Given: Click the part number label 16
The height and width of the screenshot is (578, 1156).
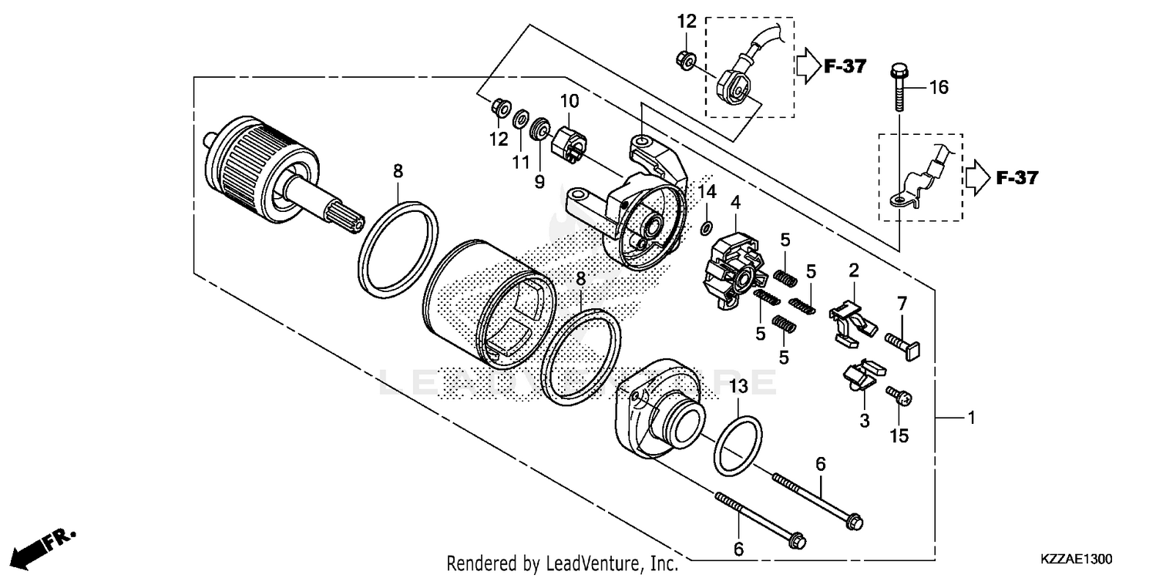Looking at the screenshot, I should pos(938,88).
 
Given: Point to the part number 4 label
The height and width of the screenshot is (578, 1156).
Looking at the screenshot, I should pos(736,203).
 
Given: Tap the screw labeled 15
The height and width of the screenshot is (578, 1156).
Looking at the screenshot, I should pos(899,396).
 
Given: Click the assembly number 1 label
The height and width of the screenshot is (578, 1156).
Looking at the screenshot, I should pos(972,418).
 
